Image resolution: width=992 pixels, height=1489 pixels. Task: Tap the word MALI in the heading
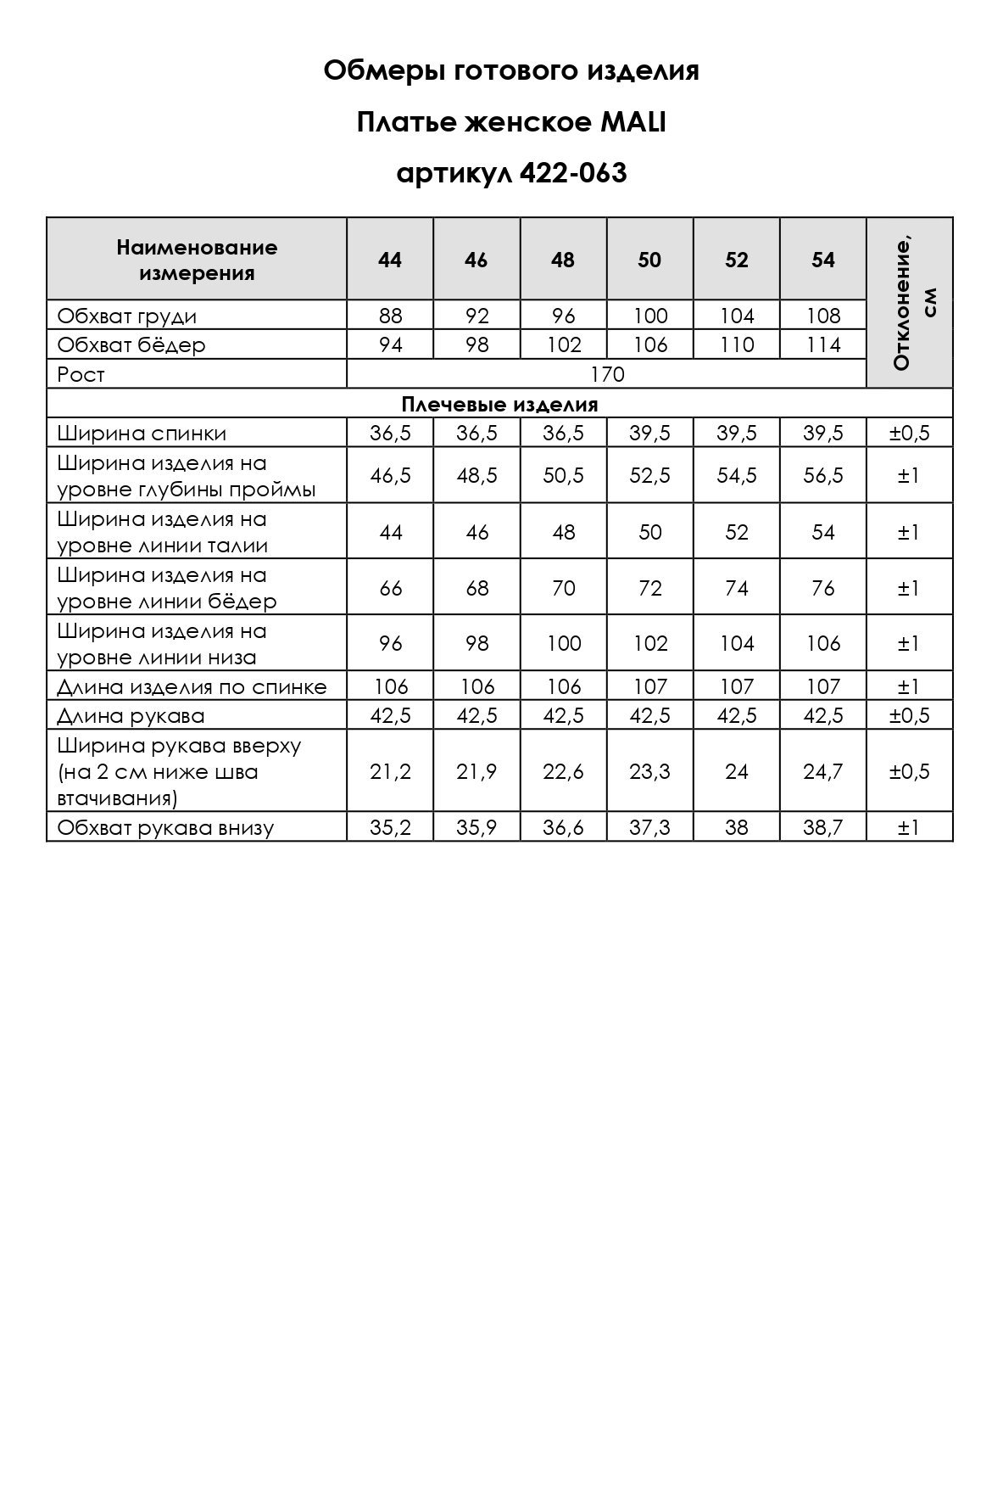point(633,123)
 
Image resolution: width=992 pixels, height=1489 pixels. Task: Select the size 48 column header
point(563,260)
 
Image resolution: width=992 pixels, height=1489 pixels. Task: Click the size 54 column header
point(823,260)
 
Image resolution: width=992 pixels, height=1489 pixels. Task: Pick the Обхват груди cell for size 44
point(391,316)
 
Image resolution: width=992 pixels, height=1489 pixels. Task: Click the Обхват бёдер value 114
point(823,345)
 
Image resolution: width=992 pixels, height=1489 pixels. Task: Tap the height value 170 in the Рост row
point(607,374)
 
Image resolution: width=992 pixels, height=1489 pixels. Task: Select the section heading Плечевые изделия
point(499,404)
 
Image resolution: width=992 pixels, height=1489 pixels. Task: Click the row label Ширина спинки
point(142,434)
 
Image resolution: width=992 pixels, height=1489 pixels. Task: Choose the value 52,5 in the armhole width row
point(650,476)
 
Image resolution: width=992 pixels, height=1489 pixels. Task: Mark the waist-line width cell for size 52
point(737,532)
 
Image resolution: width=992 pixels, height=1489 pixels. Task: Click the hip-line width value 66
point(391,588)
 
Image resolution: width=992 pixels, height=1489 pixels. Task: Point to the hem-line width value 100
point(563,644)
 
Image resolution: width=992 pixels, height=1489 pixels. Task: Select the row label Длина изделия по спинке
point(192,686)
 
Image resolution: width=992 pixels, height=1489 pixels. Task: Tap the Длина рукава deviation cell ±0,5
point(909,715)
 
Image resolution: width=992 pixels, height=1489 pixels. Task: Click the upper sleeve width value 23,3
point(650,771)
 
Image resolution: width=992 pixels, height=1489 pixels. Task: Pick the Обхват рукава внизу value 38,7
point(823,827)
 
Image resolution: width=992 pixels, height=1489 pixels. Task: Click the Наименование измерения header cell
point(197,260)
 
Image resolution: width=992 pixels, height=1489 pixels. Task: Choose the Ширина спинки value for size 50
point(650,434)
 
